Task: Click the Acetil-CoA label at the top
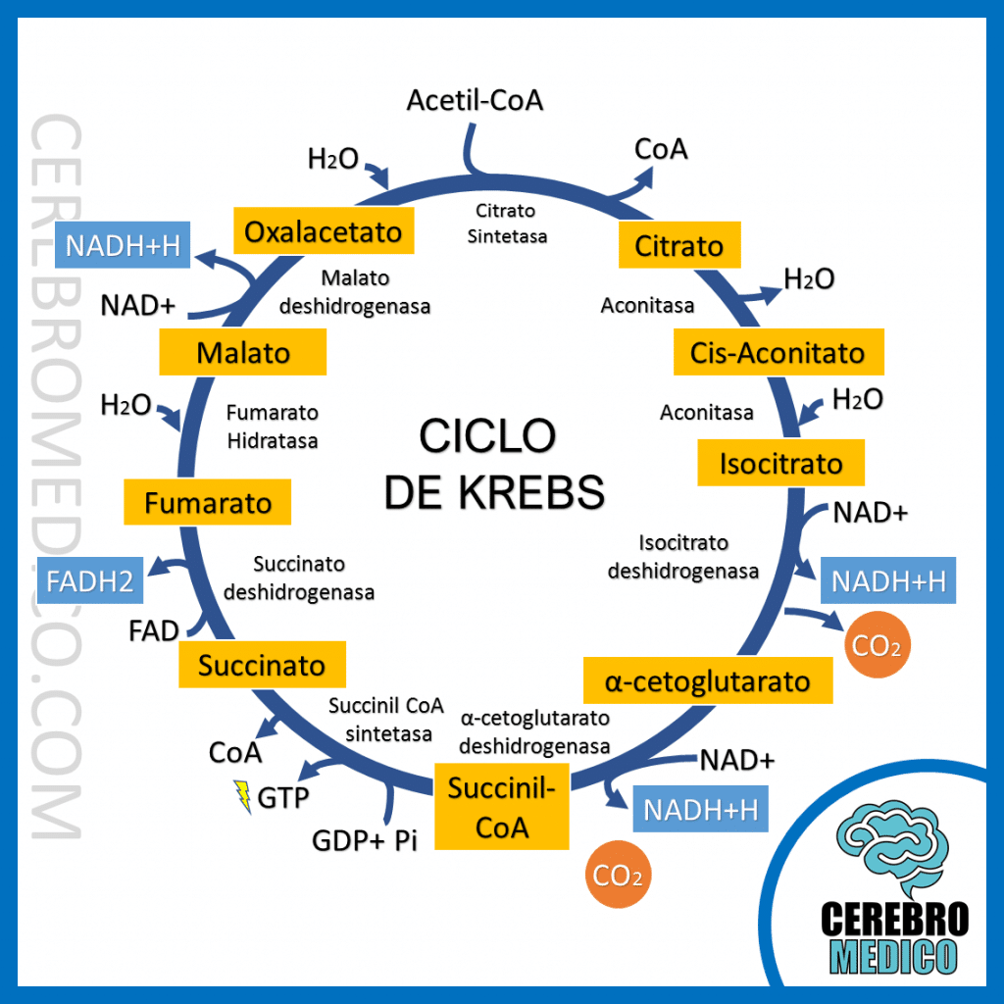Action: click(x=475, y=100)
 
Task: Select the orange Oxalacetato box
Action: click(x=323, y=231)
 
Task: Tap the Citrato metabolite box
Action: click(x=678, y=245)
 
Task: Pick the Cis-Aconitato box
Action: click(x=778, y=352)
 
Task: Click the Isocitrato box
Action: click(x=780, y=462)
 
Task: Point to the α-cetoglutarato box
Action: click(x=707, y=680)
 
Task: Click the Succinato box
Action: click(x=262, y=666)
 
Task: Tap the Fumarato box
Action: click(x=208, y=503)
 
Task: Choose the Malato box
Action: click(x=243, y=352)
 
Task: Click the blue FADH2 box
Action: click(x=90, y=580)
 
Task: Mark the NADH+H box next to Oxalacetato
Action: click(x=123, y=245)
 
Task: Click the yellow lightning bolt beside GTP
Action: click(x=241, y=796)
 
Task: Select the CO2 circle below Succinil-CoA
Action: click(x=618, y=875)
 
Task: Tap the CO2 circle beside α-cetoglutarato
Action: click(x=878, y=646)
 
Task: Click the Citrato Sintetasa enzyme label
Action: click(x=506, y=223)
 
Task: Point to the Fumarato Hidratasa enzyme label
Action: click(x=273, y=427)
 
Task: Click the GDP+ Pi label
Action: click(x=365, y=840)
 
